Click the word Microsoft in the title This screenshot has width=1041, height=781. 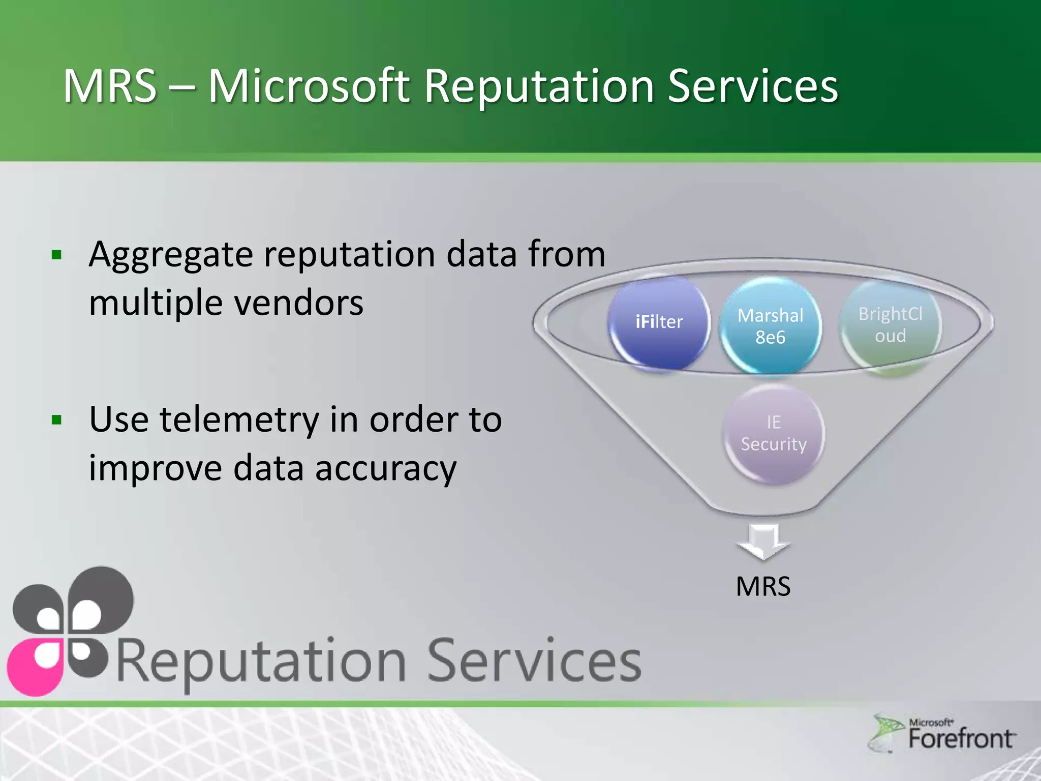click(x=309, y=86)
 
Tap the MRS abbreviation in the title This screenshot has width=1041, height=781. click(x=110, y=86)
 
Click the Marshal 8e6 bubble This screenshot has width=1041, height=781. click(x=770, y=326)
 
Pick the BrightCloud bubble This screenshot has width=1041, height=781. click(x=890, y=325)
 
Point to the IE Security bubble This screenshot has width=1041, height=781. click(x=773, y=433)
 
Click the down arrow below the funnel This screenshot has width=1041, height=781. click(x=763, y=542)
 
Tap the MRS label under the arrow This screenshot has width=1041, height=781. click(x=763, y=586)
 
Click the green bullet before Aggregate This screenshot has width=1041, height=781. click(x=56, y=255)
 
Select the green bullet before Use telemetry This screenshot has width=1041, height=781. click(x=56, y=420)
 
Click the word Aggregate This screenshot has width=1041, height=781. click(x=170, y=255)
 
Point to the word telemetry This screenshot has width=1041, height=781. click(x=239, y=420)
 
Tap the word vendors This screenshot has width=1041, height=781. click(x=298, y=303)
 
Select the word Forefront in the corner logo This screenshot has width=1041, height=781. click(x=961, y=739)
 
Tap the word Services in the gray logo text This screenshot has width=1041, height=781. click(x=534, y=661)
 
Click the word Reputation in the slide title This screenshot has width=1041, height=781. click(x=539, y=86)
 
